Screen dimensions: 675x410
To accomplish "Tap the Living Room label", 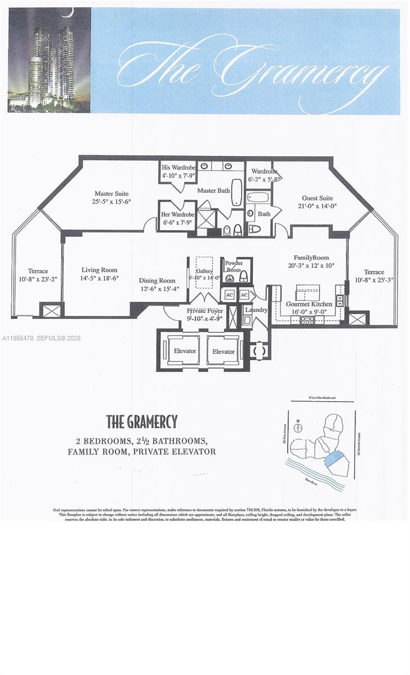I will point(99,270).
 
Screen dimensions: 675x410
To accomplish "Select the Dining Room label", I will point(157,281).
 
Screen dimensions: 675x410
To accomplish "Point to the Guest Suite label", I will point(317,198).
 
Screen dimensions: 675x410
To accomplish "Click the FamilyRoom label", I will point(311,258).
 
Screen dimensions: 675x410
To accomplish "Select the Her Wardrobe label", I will point(177,214).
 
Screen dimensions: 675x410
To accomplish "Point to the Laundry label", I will point(256,310).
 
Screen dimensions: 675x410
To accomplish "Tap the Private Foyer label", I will point(205,310).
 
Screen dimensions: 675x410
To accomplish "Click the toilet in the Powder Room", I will point(229,278).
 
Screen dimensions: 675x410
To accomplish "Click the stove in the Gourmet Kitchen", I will point(307,320).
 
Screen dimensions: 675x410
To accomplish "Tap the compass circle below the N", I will point(299,428).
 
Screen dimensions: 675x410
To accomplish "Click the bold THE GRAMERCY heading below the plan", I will point(142,421).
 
